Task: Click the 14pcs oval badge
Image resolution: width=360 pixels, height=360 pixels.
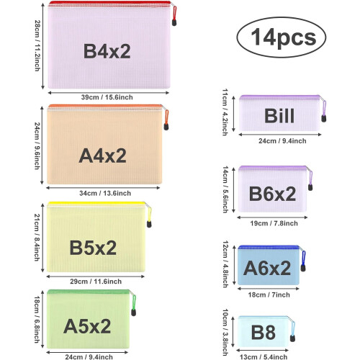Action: pos(282,37)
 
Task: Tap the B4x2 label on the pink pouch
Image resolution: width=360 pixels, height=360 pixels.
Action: pos(107,51)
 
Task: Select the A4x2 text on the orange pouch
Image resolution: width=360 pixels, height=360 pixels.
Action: pos(102,156)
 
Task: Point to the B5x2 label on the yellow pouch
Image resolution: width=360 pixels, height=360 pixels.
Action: pos(93,248)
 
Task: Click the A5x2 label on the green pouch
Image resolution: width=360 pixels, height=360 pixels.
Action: pos(87,326)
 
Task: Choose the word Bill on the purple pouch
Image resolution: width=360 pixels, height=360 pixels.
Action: pos(279,116)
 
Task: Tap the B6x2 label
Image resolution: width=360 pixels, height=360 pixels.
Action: pos(272,194)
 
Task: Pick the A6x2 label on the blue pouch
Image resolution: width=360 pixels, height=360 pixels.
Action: pos(267,268)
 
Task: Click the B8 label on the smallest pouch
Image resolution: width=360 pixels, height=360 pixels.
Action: pos(264,333)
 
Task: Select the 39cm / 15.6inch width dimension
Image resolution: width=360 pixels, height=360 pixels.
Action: pos(107,97)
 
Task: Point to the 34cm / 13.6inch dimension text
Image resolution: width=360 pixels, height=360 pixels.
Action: pos(105,193)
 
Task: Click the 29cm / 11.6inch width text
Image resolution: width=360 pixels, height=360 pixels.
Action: pos(96,282)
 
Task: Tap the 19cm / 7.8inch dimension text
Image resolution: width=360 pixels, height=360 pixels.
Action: pos(274,223)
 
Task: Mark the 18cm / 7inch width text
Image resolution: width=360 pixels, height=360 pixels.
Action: pos(269,294)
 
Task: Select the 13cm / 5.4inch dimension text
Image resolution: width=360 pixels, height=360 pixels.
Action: pos(264,357)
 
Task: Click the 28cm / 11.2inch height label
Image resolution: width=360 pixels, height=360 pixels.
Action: pos(37,45)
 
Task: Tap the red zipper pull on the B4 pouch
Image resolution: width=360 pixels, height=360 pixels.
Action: pos(174,16)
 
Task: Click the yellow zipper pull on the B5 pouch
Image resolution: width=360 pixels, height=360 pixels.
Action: pos(149,217)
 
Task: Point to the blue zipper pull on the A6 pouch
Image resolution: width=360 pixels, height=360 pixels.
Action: pos(303,261)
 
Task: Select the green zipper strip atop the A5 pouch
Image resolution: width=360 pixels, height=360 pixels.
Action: pos(89,292)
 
